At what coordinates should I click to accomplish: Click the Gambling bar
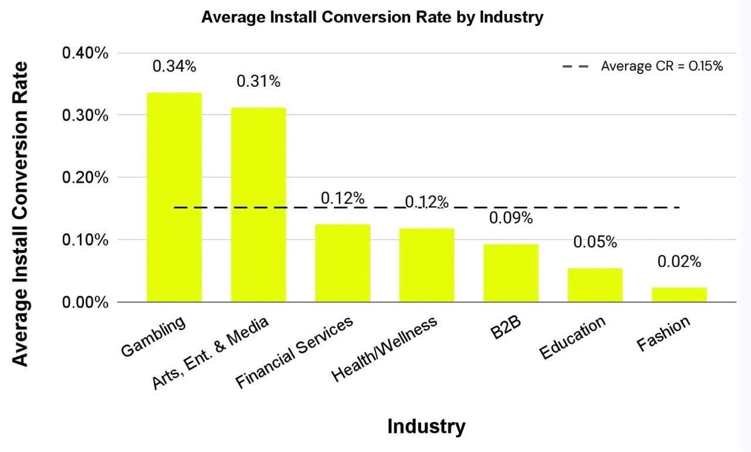pyautogui.click(x=174, y=198)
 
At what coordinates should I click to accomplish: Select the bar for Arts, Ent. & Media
pyautogui.click(x=259, y=205)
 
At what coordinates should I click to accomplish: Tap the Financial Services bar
pyautogui.click(x=343, y=263)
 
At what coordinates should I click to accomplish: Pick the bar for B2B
pyautogui.click(x=511, y=273)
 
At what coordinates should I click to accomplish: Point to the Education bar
pyautogui.click(x=595, y=285)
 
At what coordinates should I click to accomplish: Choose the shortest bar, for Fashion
pyautogui.click(x=679, y=295)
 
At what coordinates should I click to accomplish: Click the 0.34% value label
pyautogui.click(x=174, y=66)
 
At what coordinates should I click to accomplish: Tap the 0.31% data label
pyautogui.click(x=259, y=81)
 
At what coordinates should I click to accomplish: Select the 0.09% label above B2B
pyautogui.click(x=511, y=217)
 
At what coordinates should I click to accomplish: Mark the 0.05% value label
pyautogui.click(x=595, y=242)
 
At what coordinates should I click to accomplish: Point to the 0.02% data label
pyautogui.click(x=679, y=261)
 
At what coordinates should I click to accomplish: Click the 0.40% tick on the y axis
pyautogui.click(x=85, y=53)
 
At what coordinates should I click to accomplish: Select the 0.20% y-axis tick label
pyautogui.click(x=85, y=177)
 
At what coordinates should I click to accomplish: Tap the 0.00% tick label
pyautogui.click(x=85, y=303)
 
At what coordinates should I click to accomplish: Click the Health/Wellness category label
pyautogui.click(x=384, y=349)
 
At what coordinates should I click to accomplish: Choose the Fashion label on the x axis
pyautogui.click(x=664, y=334)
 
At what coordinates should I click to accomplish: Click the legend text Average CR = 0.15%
pyautogui.click(x=662, y=66)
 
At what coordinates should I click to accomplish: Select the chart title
pyautogui.click(x=372, y=17)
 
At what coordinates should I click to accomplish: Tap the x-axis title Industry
pyautogui.click(x=427, y=427)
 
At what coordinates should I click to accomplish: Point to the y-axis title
pyautogui.click(x=20, y=214)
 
